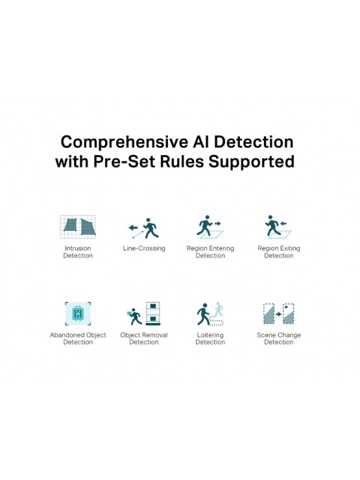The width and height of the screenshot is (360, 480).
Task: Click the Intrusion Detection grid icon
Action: pyautogui.click(x=78, y=227)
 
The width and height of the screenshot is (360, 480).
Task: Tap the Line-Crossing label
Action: pyautogui.click(x=144, y=248)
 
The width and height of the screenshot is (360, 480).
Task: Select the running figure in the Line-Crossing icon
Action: pyautogui.click(x=151, y=228)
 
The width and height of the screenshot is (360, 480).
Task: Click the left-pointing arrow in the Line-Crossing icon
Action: pyautogui.click(x=133, y=228)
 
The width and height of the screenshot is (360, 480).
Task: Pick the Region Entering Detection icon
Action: pyautogui.click(x=210, y=227)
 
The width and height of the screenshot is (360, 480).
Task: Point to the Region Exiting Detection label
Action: pyautogui.click(x=278, y=252)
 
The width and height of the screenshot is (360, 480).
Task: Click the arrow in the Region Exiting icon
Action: pyautogui.click(x=283, y=224)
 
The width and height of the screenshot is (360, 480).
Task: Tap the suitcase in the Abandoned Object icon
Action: pyautogui.click(x=78, y=313)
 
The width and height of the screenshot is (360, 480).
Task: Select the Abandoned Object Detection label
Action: pyautogui.click(x=78, y=339)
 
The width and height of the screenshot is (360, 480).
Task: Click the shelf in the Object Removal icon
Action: pyautogui.click(x=153, y=313)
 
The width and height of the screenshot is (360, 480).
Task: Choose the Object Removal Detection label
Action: pyautogui.click(x=144, y=339)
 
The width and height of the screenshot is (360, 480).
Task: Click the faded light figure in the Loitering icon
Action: pyautogui.click(x=219, y=309)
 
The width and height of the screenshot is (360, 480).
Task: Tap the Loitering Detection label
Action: pyautogui.click(x=210, y=339)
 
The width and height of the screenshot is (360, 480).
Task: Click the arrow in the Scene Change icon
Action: pyautogui.click(x=278, y=314)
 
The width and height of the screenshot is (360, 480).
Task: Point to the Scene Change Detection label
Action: pyautogui.click(x=278, y=339)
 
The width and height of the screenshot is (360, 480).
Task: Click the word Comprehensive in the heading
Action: pyautogui.click(x=125, y=142)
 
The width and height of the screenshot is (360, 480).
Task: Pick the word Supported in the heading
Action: pyautogui.click(x=251, y=162)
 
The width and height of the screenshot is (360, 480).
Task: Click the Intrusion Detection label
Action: pyautogui.click(x=78, y=252)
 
